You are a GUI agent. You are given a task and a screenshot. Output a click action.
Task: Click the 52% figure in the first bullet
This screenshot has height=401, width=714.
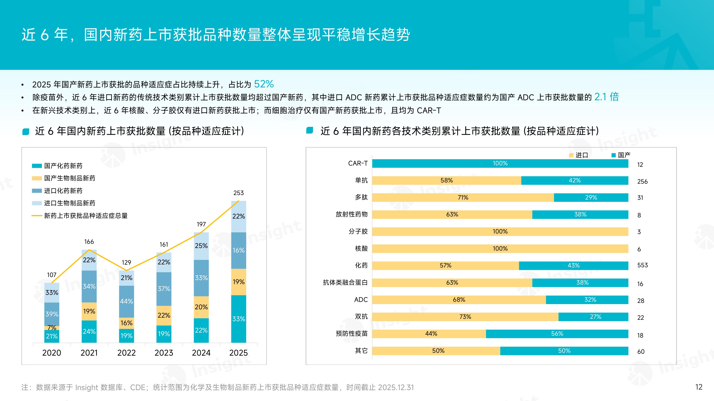[264, 84]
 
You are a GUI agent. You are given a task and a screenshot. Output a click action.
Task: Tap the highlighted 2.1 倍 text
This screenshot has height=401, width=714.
[606, 97]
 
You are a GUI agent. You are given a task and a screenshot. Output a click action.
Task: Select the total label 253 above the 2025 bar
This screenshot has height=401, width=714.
[238, 193]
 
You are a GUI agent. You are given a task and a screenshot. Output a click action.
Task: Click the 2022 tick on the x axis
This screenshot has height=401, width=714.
[126, 353]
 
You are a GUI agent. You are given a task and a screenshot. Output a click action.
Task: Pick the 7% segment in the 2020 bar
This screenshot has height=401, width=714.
[52, 328]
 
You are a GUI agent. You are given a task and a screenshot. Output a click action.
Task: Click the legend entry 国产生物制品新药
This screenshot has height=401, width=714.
[69, 178]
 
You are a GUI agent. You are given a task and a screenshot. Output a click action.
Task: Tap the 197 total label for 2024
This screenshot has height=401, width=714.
[201, 224]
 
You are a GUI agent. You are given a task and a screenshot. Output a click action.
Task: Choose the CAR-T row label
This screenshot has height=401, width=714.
[357, 163]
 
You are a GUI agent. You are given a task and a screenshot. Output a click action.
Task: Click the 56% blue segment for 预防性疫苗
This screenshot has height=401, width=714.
[557, 334]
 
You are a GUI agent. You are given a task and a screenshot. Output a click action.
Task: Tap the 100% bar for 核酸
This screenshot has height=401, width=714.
[500, 248]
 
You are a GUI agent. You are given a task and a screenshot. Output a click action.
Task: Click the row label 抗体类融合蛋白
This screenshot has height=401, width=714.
[345, 282]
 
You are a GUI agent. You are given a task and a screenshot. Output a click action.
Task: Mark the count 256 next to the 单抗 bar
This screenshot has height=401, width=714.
[642, 181]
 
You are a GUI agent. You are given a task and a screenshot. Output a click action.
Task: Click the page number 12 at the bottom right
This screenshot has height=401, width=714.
[699, 387]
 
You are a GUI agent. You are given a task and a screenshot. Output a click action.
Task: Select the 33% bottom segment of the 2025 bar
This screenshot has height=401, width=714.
[238, 319]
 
